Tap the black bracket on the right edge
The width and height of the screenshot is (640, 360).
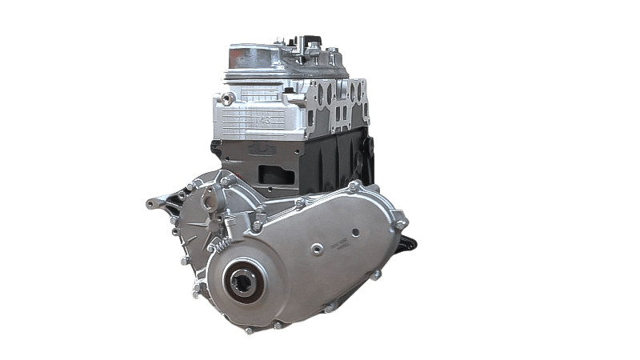(x=410, y=241)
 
